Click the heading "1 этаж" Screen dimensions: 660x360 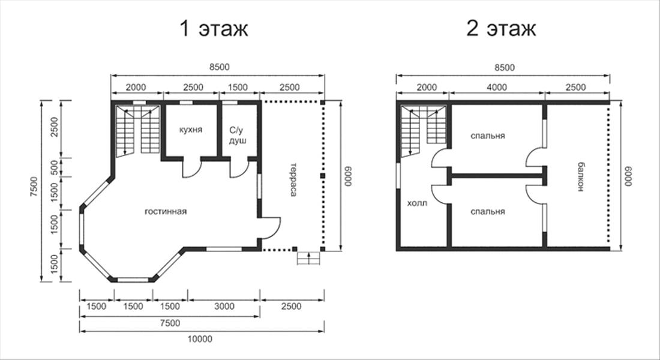coord(214,29)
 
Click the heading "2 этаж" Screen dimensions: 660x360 coord(501,29)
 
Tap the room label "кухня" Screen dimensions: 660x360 coord(191,130)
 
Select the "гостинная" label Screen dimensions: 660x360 coord(166,211)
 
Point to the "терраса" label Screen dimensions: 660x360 coord(293,179)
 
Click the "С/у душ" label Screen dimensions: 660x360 coord(238,135)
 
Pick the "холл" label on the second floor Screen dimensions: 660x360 coord(417,203)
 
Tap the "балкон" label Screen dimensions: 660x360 coord(580,177)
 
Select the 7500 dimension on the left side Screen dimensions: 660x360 coord(34,190)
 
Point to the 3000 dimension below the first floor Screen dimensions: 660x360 coord(224,306)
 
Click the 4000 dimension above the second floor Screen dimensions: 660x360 coord(497,87)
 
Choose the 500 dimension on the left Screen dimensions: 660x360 coord(54,167)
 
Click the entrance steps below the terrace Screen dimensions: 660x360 coord(309,258)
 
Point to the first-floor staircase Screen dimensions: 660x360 coord(137,131)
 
